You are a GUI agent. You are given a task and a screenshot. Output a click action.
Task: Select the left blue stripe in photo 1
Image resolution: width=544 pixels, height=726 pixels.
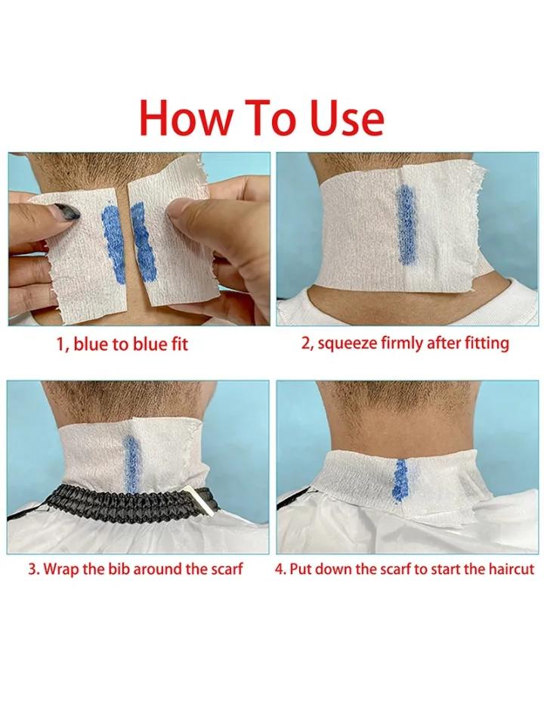(x=113, y=244)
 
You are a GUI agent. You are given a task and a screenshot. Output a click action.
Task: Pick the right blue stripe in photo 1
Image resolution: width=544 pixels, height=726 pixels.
(x=143, y=236)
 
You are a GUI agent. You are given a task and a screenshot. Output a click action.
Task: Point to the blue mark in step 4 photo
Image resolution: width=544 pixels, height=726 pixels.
(x=400, y=479)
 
